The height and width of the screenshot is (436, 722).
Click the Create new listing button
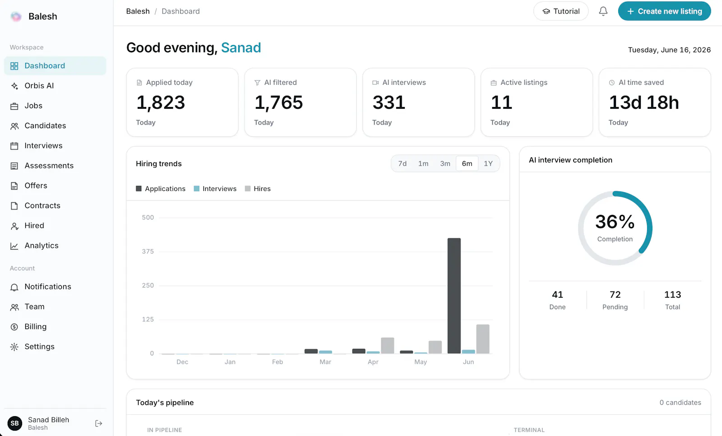pos(664,11)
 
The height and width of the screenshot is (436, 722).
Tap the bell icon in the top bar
pos(603,11)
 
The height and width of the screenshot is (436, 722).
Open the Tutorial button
pos(561,11)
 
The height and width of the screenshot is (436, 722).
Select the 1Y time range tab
pos(488,163)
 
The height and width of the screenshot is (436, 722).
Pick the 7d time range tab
pos(402,163)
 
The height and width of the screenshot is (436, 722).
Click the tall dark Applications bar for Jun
pos(454,296)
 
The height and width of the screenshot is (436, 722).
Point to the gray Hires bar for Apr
pos(387,345)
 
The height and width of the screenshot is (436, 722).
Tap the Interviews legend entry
pos(215,189)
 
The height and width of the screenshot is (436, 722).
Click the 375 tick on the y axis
pos(148,251)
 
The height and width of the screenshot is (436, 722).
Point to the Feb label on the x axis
pos(277,362)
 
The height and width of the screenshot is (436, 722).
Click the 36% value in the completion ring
pos(615,222)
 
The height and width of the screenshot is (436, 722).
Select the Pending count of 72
pos(615,294)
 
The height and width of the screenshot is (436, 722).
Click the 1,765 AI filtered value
pos(278,102)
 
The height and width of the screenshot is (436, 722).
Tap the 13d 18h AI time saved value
pos(643,102)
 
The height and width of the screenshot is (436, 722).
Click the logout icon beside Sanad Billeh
pos(99,423)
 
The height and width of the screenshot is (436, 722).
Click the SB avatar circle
pos(15,423)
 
